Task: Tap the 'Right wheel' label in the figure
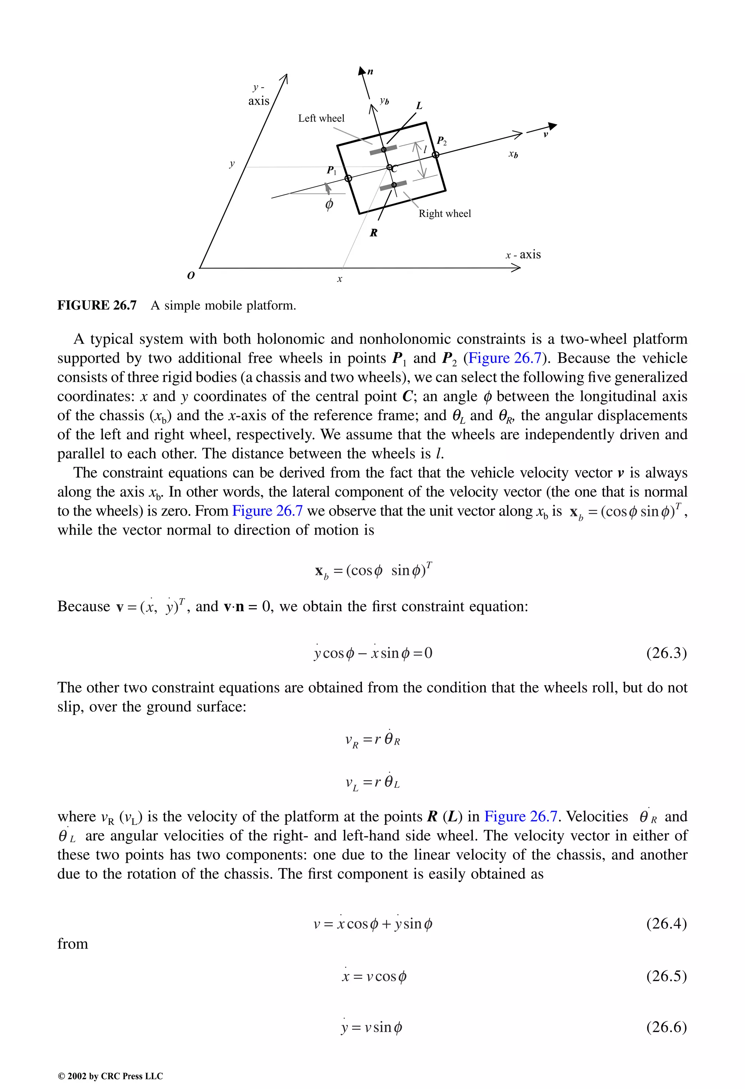point(445,214)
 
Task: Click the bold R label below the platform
point(374,233)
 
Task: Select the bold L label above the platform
point(419,106)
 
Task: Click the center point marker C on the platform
point(389,167)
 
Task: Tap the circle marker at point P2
point(435,155)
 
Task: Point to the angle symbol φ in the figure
point(329,204)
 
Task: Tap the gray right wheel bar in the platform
point(394,186)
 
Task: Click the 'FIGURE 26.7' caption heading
point(97,306)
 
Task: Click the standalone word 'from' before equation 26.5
point(73,944)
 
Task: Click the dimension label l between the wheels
point(425,150)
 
